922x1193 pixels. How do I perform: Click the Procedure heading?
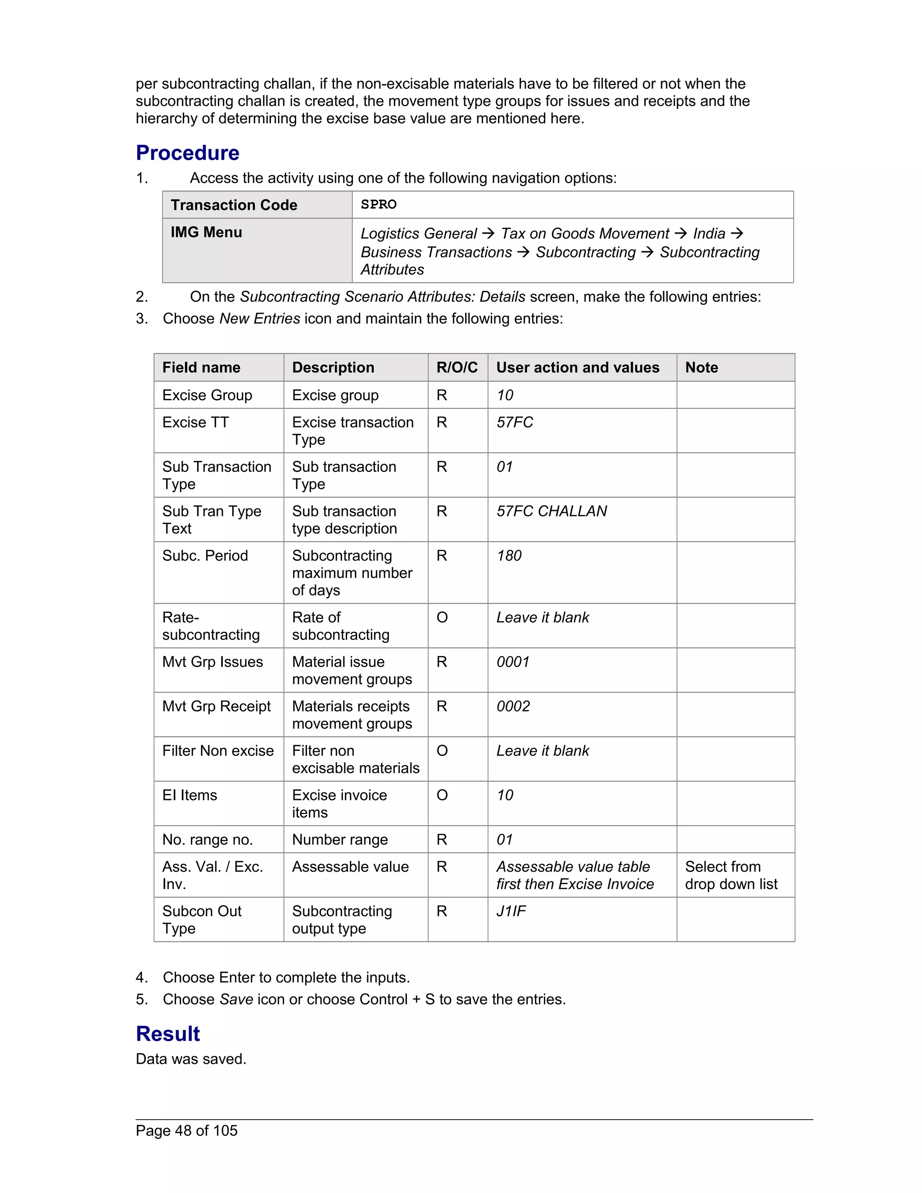(x=187, y=153)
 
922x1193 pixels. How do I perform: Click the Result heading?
(x=167, y=1034)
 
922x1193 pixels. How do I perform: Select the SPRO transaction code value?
(x=379, y=204)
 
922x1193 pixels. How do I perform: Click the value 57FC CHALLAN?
(x=551, y=511)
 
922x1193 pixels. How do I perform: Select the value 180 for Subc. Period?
(x=509, y=556)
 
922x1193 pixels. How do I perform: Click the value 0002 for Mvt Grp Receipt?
(x=512, y=706)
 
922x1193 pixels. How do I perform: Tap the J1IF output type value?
(x=511, y=911)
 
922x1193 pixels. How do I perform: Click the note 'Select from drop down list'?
(x=731, y=875)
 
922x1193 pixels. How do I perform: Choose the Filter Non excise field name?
(x=217, y=750)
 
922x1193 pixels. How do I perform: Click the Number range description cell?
(x=340, y=840)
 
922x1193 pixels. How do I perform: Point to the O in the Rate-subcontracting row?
(x=442, y=617)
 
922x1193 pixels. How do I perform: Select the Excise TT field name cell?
(x=195, y=422)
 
